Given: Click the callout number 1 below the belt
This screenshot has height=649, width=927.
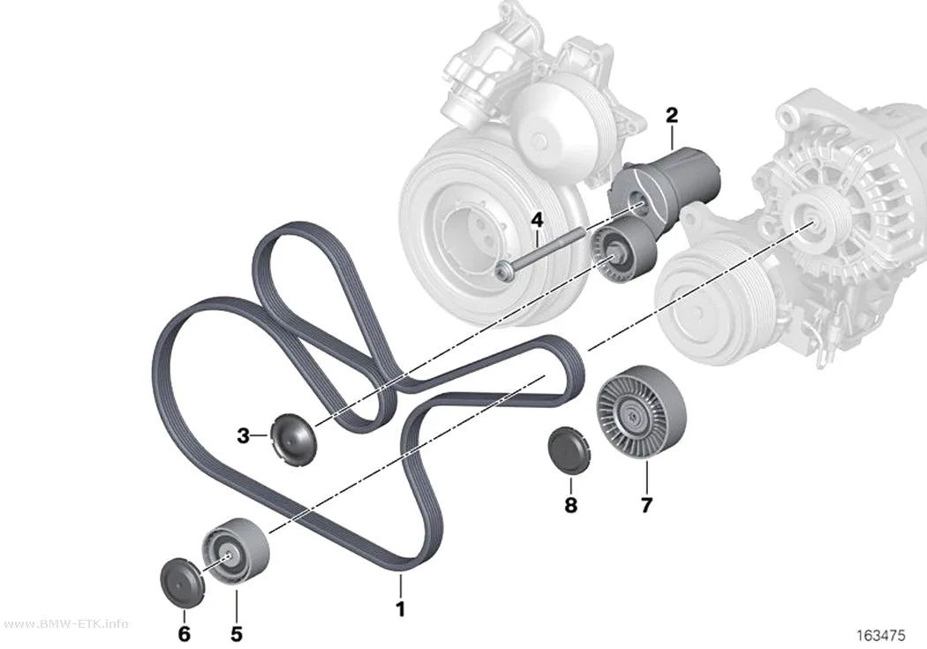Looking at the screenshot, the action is [x=400, y=609].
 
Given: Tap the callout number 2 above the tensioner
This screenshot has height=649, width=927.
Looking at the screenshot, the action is [x=672, y=116].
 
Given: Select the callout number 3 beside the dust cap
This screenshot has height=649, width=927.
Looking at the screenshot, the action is [x=243, y=437].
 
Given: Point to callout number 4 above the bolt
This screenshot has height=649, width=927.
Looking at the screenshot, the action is [x=536, y=221].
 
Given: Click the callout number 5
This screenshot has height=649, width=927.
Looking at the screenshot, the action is [x=237, y=634].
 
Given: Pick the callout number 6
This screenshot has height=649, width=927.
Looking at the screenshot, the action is [x=185, y=634].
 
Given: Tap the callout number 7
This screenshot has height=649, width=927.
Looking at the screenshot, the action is [x=646, y=505].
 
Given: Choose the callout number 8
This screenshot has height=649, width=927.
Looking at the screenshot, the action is [x=570, y=505].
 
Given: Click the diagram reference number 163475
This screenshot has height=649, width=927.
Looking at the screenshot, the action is [x=881, y=636].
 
